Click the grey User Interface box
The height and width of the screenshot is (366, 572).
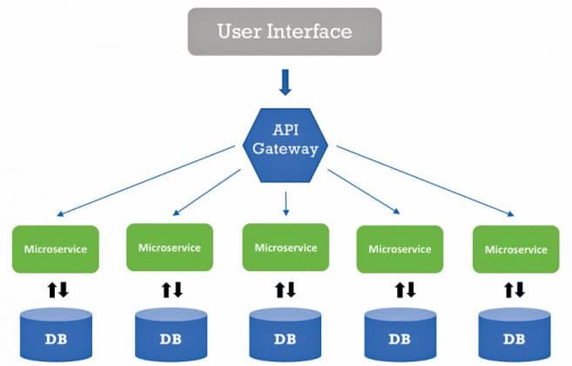click(x=285, y=32)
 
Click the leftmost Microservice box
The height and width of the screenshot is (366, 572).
click(x=56, y=248)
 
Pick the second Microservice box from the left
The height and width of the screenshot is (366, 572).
click(x=170, y=247)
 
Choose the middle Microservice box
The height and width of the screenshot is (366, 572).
click(x=286, y=247)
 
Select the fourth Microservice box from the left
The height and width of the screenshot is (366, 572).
click(x=400, y=248)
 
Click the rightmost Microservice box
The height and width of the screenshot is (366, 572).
click(x=515, y=248)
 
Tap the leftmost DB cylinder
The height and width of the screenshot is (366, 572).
click(x=57, y=335)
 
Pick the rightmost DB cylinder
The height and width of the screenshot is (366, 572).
click(x=515, y=335)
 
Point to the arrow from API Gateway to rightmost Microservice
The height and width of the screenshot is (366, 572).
click(x=425, y=180)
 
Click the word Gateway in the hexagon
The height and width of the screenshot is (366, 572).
click(x=286, y=148)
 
